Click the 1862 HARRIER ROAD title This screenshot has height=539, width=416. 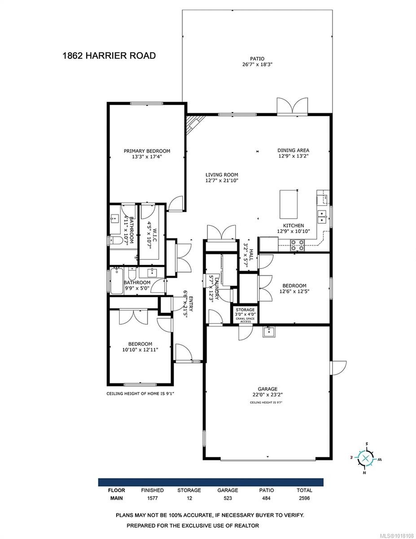click(109, 56)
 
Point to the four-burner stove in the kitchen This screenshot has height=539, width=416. click(297, 245)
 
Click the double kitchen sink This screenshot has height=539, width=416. click(322, 217)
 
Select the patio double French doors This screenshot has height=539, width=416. click(292, 106)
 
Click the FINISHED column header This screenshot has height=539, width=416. click(152, 490)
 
